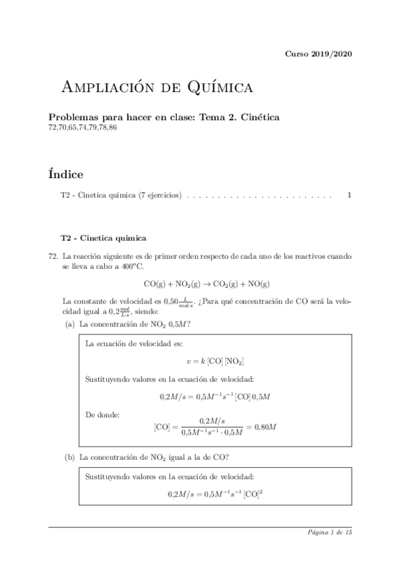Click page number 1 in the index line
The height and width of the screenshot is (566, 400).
click(x=349, y=197)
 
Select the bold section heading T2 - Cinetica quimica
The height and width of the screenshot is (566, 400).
click(x=103, y=237)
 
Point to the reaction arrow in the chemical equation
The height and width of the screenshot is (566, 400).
click(x=207, y=284)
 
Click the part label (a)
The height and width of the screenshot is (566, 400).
click(x=69, y=324)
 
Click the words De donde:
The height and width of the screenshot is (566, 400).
click(x=103, y=414)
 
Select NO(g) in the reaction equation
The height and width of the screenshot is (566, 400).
click(x=259, y=284)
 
